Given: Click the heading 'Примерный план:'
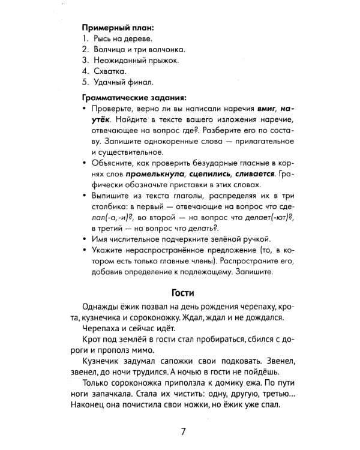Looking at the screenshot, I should tap(118, 28).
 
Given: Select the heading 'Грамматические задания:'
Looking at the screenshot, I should tap(134, 97).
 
